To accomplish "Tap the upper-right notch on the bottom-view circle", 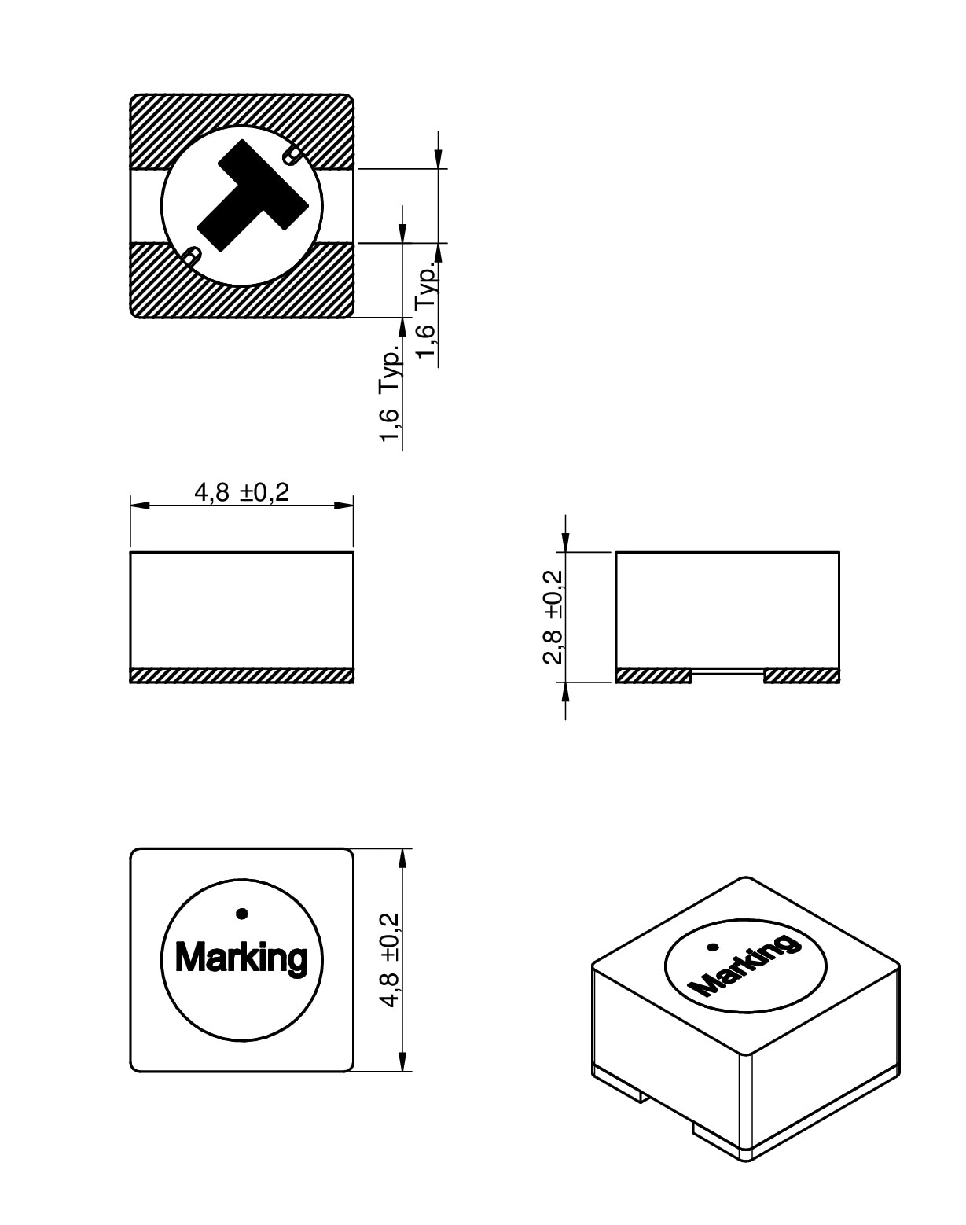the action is pyautogui.click(x=293, y=153).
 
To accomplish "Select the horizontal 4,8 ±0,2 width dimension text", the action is pyautogui.click(x=242, y=492).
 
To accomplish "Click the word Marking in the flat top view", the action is pyautogui.click(x=241, y=958).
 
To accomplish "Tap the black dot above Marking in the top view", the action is pyautogui.click(x=242, y=914).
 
